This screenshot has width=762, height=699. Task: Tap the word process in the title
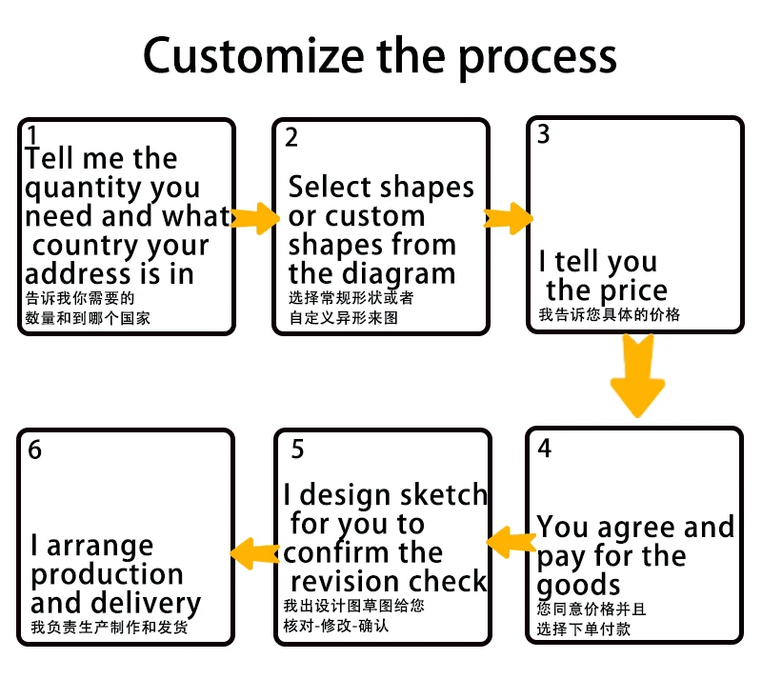(x=537, y=60)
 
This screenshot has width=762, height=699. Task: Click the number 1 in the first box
(x=32, y=135)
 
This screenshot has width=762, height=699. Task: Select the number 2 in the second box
(x=291, y=137)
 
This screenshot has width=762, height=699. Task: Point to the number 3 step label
(x=543, y=134)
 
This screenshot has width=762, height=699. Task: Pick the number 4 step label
(x=544, y=448)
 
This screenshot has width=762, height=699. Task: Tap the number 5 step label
(x=297, y=449)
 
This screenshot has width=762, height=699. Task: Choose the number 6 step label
(x=35, y=449)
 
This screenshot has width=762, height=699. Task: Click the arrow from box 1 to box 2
(x=254, y=218)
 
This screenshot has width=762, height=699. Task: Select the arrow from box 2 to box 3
(x=508, y=218)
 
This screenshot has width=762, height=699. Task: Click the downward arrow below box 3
(x=637, y=375)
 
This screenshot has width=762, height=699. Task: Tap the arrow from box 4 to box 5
(x=511, y=542)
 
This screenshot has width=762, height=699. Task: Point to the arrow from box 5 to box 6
(x=254, y=553)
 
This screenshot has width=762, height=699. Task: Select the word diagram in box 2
(x=406, y=275)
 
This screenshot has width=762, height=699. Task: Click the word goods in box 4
(x=578, y=586)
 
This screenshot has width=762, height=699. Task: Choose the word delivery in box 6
(x=146, y=604)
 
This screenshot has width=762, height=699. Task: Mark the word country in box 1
(x=86, y=247)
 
